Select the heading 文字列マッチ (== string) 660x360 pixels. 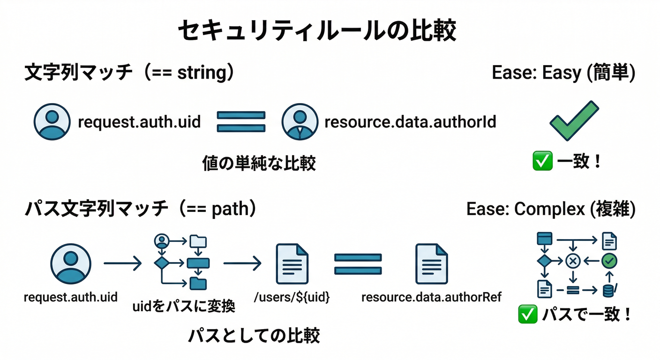(129, 73)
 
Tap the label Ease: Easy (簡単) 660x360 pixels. (563, 73)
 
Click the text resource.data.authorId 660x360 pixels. (410, 122)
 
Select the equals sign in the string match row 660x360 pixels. (241, 121)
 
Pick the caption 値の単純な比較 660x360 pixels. (259, 164)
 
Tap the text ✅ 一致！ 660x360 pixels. (567, 162)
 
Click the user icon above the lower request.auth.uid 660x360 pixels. (71, 264)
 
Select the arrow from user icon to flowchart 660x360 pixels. (122, 264)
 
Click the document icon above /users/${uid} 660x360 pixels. (292, 264)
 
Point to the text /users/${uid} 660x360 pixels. (292, 297)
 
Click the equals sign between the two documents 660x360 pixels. (358, 264)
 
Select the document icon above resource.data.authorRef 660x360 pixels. (431, 264)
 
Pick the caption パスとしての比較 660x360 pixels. (254, 336)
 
